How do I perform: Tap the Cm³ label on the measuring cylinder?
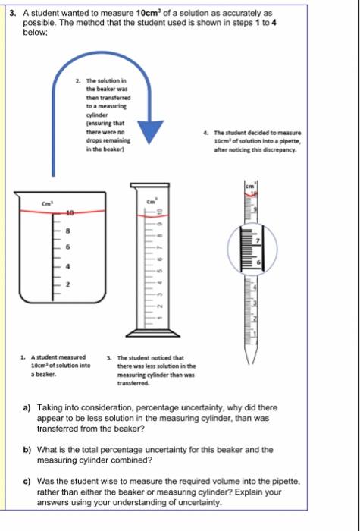[151, 200]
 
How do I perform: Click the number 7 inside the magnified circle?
[257, 240]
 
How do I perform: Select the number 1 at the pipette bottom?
[255, 335]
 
